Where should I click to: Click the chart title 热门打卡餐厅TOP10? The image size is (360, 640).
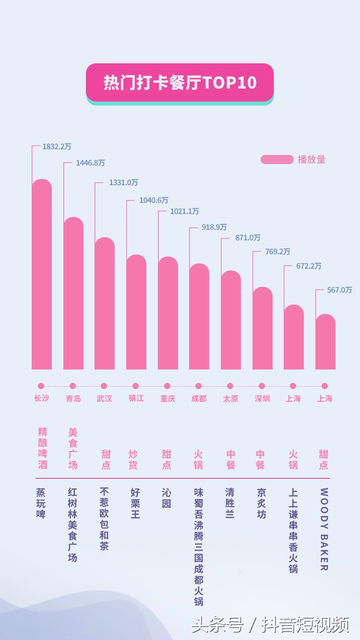coord(180,83)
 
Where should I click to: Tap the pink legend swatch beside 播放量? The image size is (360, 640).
coord(276,160)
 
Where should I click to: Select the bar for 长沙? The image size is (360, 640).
coord(42,276)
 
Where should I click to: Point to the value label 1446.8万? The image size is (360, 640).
coord(90,163)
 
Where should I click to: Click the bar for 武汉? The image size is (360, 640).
coord(105,305)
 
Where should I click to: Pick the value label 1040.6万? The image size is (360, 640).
coord(154,200)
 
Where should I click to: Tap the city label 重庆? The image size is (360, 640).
coord(168,399)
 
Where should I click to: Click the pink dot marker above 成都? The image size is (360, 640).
coord(199,386)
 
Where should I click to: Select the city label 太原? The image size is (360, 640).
coord(230,399)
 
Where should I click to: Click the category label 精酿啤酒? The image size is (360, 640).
coord(42,448)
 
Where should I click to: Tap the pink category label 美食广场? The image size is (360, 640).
coord(73,448)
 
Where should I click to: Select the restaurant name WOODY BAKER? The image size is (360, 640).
coord(324,530)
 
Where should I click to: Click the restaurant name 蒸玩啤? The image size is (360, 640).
coord(41,503)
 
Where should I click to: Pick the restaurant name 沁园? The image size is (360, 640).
coord(166,498)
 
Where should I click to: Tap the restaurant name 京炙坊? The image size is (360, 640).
coord(262,503)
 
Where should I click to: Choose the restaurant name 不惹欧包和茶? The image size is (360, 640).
coord(104,519)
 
